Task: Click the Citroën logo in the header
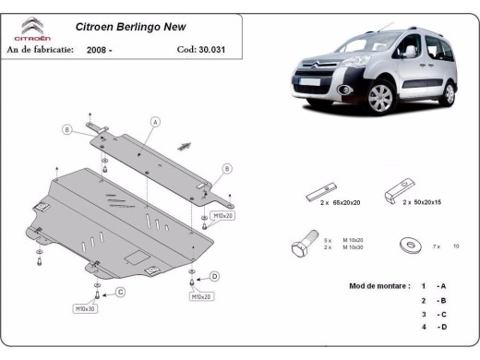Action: coord(31,30)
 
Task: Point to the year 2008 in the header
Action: coord(103,49)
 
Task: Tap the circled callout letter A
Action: coord(156,122)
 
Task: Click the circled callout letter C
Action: coord(120,293)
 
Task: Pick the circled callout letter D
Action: coord(214,275)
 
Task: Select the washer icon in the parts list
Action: coord(407,246)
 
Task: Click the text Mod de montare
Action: coord(378,286)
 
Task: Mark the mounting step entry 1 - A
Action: coord(434,286)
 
